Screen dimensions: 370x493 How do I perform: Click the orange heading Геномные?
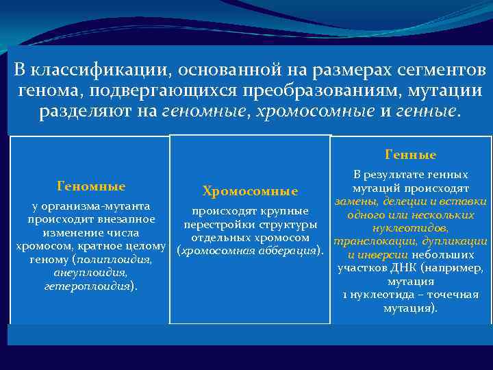click(91, 186)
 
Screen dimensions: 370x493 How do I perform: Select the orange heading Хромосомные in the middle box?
click(250, 191)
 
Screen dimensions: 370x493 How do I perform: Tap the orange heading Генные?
click(411, 155)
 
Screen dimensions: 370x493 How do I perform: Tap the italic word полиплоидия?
click(114, 260)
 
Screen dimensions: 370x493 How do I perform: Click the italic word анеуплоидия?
click(91, 273)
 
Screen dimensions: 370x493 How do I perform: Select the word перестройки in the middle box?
click(217, 225)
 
